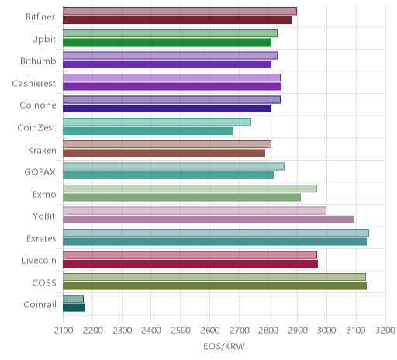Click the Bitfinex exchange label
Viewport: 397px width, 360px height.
pos(40,17)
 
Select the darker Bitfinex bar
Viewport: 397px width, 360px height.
pos(177,20)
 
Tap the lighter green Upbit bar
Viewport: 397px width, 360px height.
pos(170,33)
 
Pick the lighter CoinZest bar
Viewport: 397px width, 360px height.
pos(157,122)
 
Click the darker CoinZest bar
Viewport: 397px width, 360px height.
pos(147,131)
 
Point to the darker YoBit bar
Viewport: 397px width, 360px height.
pos(208,220)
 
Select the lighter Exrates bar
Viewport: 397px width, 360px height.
pos(216,233)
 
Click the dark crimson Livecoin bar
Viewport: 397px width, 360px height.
pos(190,264)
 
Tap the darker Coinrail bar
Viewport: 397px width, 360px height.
pos(74,308)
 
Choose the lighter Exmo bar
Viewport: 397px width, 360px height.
pos(190,189)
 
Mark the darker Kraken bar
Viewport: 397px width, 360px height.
pos(164,154)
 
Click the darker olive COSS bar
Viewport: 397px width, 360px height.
pos(215,286)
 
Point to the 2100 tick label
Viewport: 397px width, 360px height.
pos(64,331)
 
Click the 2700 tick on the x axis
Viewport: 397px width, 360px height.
pos(240,331)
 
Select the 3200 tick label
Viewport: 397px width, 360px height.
pos(385,331)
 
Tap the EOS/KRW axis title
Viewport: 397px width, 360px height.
pos(224,347)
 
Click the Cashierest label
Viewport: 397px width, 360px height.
pos(34,83)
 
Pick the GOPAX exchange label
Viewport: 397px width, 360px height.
pos(40,172)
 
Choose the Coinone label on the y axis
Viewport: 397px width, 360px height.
pos(38,106)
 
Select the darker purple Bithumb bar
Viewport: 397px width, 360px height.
pos(167,64)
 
